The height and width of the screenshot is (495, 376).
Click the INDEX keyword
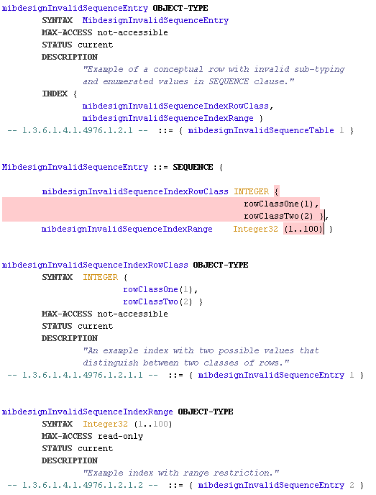pos(54,94)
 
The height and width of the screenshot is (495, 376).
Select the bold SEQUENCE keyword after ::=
pos(193,167)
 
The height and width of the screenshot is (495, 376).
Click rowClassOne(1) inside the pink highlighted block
pos(280,204)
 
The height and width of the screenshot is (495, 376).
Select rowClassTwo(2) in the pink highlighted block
pos(283,216)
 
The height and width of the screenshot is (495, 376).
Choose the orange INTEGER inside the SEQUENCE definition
pos(252,191)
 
